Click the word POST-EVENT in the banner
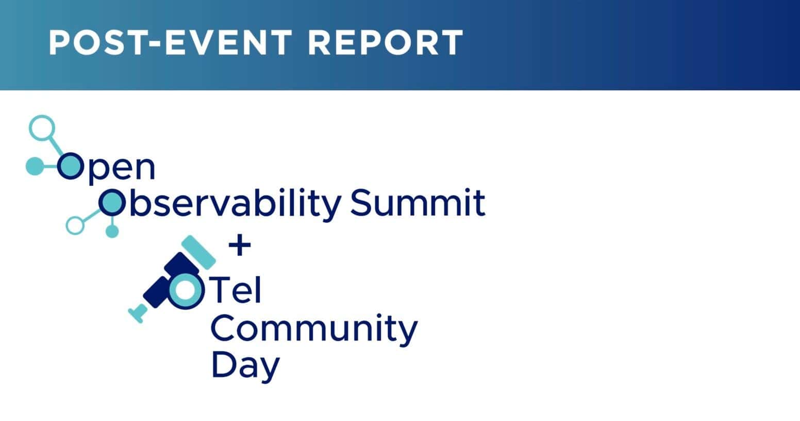click(171, 42)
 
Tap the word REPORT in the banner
click(385, 42)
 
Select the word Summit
click(418, 203)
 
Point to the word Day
click(245, 366)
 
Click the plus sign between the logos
click(240, 245)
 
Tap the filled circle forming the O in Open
click(70, 166)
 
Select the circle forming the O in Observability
click(112, 203)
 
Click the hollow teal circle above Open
click(42, 128)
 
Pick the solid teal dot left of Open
click(35, 166)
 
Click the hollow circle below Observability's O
click(75, 225)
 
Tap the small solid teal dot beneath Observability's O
click(112, 232)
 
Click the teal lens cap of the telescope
click(198, 252)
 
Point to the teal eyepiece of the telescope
click(138, 313)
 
